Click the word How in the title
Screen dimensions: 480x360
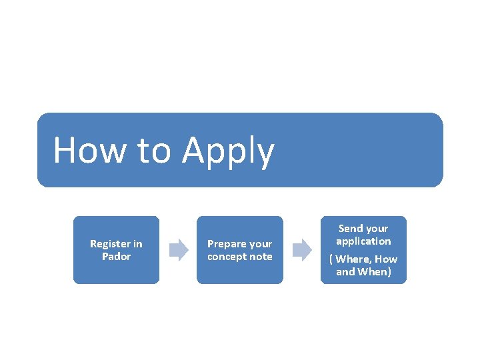(89, 150)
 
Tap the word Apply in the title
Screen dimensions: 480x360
(228, 151)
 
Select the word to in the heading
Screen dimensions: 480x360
(153, 151)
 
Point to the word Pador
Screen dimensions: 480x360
(116, 257)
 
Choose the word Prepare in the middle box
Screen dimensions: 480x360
(226, 244)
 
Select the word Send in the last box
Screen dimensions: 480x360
(351, 228)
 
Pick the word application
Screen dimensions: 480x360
(363, 241)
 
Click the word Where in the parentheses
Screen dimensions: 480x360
(354, 259)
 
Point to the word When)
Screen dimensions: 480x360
(374, 272)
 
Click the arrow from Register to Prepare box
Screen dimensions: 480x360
(178, 250)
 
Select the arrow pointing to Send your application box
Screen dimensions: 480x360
(303, 250)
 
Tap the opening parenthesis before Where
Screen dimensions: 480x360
(331, 259)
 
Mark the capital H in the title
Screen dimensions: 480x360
(64, 150)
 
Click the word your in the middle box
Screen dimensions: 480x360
(260, 245)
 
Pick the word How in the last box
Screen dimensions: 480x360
(387, 259)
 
